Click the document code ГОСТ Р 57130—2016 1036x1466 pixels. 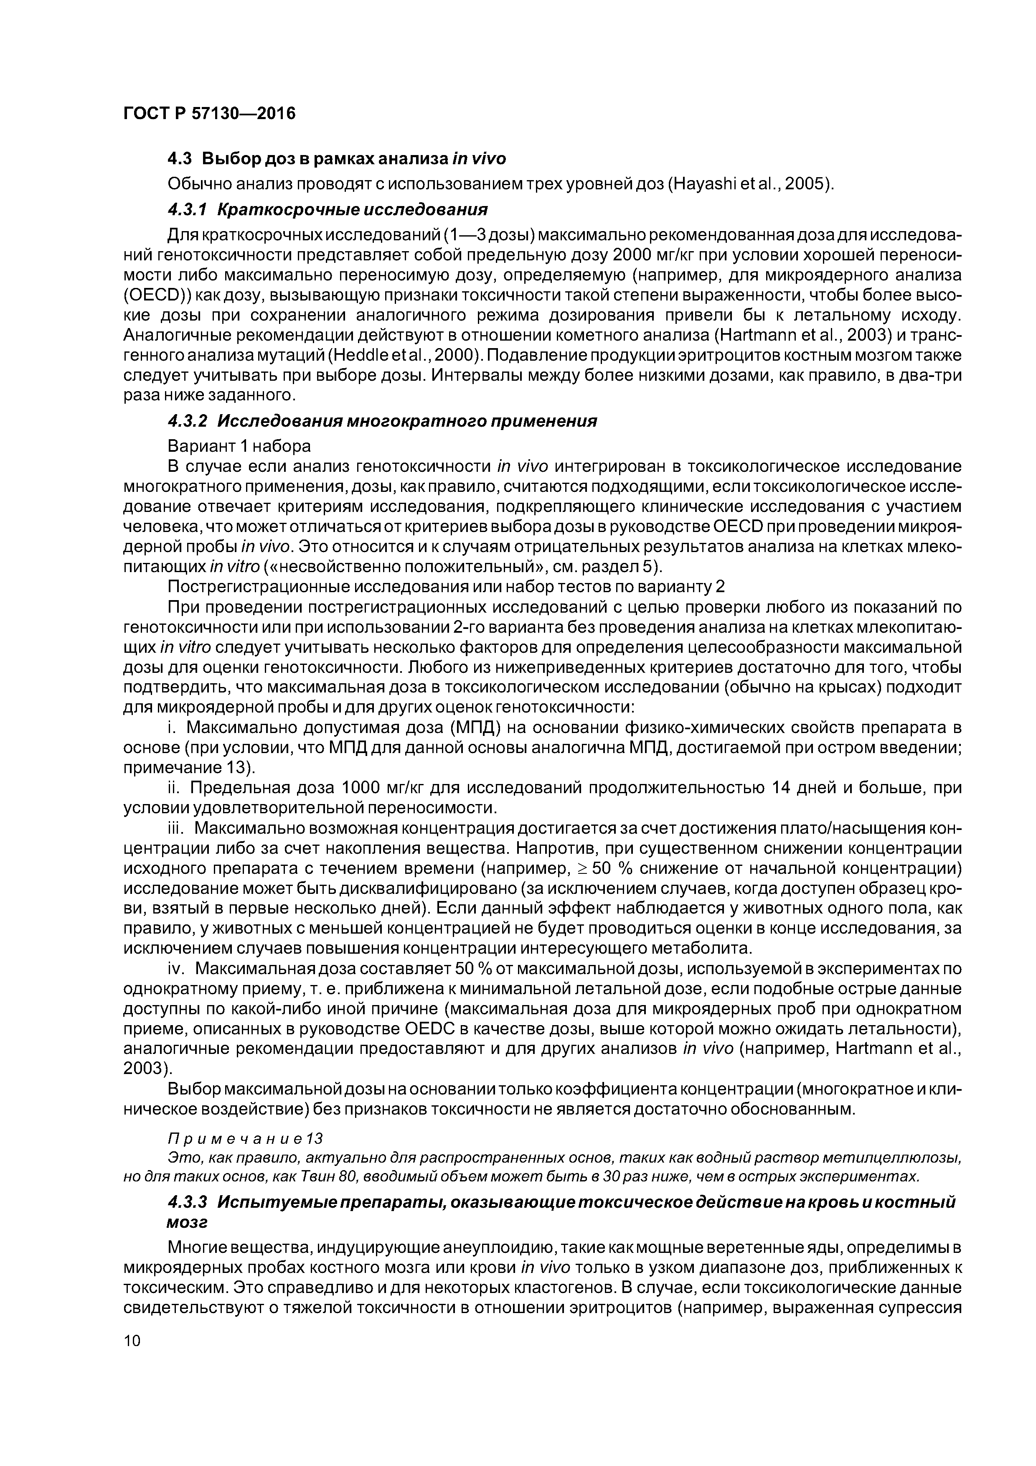tap(209, 114)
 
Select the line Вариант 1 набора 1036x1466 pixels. tap(239, 445)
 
